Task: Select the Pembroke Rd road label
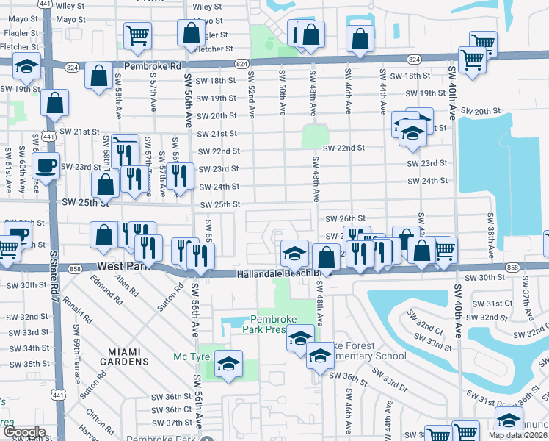coord(152,66)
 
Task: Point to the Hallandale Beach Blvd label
coord(277,273)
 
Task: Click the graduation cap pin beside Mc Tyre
coord(228,365)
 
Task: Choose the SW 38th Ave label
coord(491,235)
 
